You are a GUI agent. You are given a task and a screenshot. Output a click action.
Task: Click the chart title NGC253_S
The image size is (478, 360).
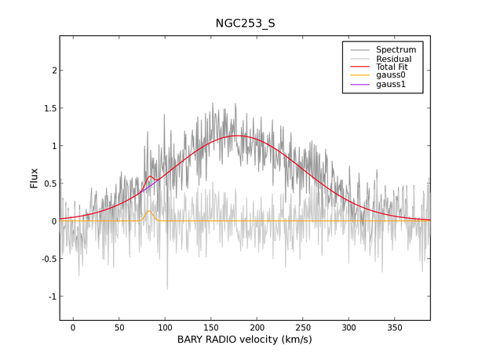coord(245,24)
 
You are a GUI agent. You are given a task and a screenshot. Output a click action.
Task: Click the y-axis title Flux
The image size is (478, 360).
coord(34,180)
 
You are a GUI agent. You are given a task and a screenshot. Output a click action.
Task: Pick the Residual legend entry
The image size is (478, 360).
coord(393,59)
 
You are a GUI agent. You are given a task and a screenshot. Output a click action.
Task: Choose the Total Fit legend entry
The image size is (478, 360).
coord(392,67)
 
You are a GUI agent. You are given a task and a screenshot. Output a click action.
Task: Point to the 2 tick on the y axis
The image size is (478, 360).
coord(53,71)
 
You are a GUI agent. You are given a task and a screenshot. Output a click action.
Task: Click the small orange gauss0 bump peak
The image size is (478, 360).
coord(149,210)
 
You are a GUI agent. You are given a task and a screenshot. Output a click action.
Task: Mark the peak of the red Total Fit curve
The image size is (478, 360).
coord(238,136)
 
